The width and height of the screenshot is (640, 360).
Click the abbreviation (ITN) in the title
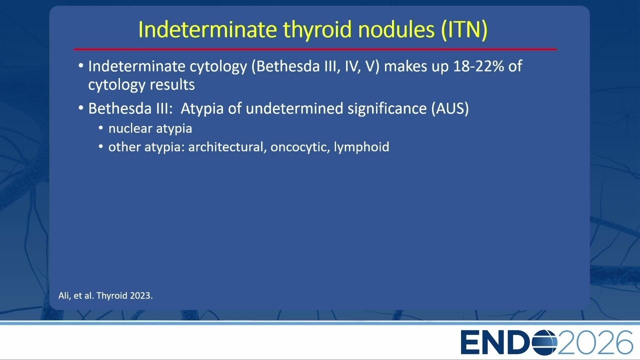(464, 29)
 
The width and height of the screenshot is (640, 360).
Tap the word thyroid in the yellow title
(317, 29)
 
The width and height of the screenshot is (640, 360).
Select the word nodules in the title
(396, 29)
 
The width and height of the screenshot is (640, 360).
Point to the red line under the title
(315, 49)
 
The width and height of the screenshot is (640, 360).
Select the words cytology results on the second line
(141, 85)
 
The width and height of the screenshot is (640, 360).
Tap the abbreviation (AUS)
(450, 108)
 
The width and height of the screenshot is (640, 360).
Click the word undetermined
(294, 108)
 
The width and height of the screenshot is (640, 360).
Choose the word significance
(387, 109)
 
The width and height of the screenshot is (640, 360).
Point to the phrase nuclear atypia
(150, 128)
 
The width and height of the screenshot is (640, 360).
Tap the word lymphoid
(361, 147)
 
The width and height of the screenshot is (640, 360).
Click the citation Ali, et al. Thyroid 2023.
(105, 295)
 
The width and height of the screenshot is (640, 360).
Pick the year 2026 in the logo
(595, 342)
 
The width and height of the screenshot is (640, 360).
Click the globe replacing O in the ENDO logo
(544, 342)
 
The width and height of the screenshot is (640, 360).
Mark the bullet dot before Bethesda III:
(81, 108)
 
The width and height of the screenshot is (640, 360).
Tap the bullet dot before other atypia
(100, 146)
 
